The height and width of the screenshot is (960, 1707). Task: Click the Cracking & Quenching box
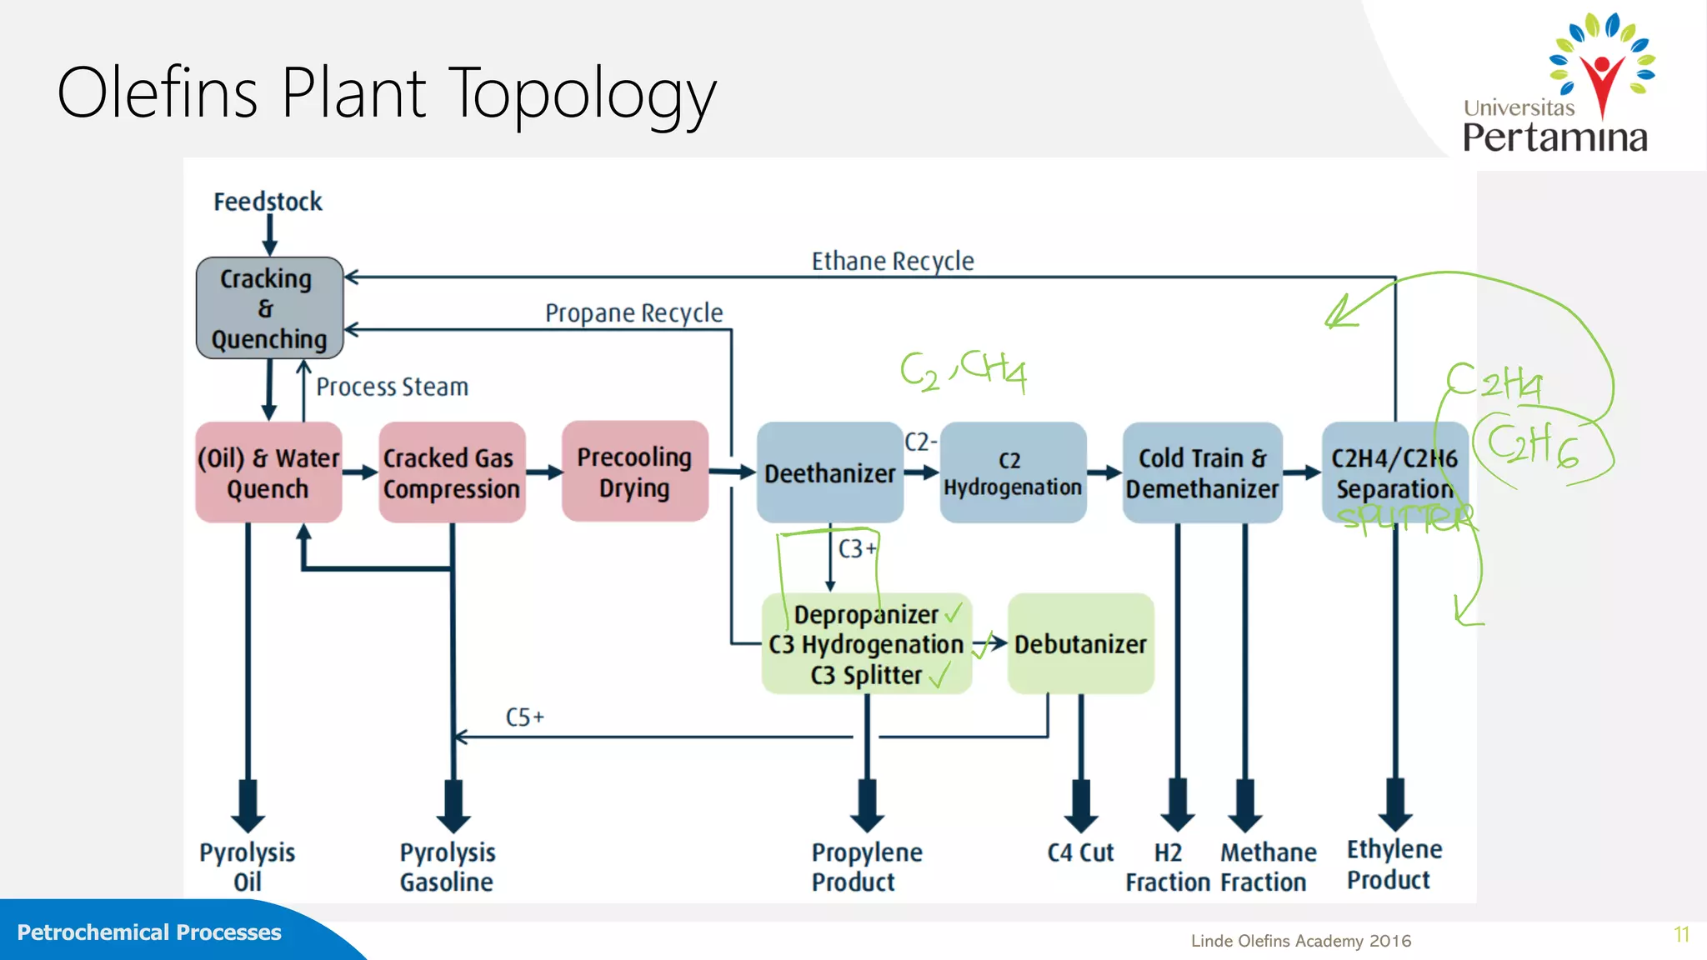point(269,308)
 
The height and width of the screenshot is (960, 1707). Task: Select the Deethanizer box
point(829,473)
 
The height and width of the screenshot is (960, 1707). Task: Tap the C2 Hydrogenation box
point(1012,473)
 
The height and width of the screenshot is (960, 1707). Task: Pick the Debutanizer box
point(1080,643)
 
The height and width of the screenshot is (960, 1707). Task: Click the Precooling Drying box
point(634,472)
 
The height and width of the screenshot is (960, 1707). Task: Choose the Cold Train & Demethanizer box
point(1201,473)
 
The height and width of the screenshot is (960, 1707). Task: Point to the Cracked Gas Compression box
point(451,473)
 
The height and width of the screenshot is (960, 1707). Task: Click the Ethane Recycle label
point(892,262)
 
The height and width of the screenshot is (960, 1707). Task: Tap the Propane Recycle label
point(633,313)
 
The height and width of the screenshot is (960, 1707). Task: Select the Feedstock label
point(268,202)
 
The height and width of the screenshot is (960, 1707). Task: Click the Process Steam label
point(392,387)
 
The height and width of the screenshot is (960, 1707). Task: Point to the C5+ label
point(524,717)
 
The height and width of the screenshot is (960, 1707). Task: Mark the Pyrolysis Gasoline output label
point(447,867)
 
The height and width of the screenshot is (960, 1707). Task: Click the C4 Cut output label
point(1080,852)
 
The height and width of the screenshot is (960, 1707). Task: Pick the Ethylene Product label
point(1394,864)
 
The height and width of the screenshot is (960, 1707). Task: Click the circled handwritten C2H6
point(1532,445)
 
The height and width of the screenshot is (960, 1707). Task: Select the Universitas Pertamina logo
point(1556,83)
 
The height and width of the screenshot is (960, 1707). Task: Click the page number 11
point(1681,934)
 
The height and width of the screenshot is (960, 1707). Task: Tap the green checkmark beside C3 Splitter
point(939,674)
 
